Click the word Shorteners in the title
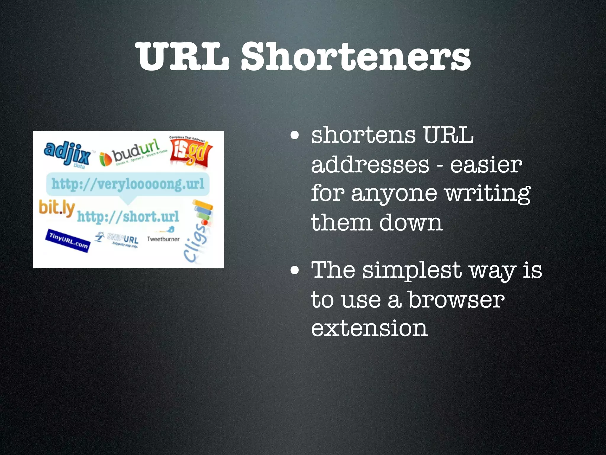[356, 56]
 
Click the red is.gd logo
[191, 153]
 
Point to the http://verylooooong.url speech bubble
[128, 184]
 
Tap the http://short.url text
[128, 217]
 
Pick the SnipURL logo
[118, 239]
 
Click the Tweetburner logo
[163, 237]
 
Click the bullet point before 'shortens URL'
[294, 136]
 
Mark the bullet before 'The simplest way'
[294, 270]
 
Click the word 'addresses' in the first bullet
[370, 165]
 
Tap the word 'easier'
[486, 165]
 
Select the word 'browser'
[456, 300]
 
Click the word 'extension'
[369, 328]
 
